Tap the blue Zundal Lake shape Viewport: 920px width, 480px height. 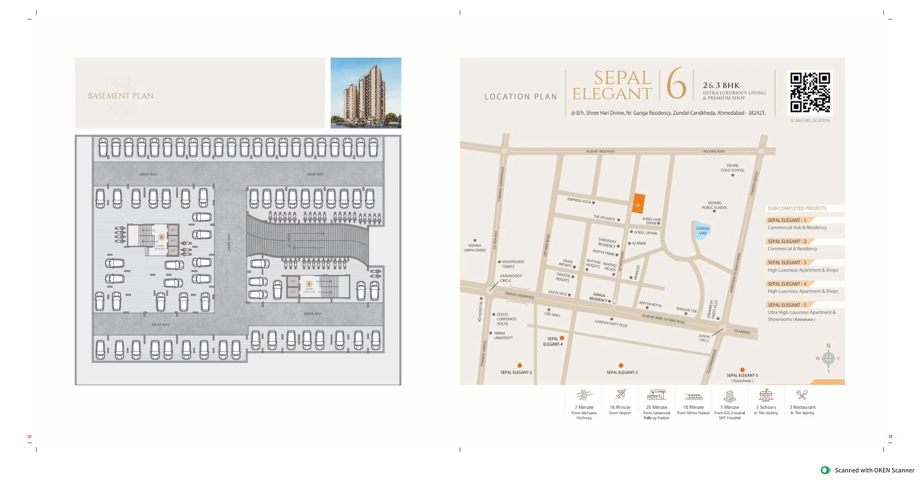point(702,230)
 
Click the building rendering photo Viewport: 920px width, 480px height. point(366,93)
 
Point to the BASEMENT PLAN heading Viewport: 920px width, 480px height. point(121,96)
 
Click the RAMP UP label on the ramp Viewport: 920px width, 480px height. point(289,240)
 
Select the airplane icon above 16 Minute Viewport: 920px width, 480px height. point(620,394)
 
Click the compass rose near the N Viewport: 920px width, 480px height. point(828,358)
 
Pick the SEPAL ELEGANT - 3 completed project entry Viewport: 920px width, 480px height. point(787,262)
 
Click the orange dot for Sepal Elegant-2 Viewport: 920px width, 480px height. point(520,365)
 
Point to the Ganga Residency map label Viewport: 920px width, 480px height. point(599,297)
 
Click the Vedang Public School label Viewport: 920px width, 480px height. point(714,205)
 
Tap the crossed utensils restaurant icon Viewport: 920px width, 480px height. point(802,394)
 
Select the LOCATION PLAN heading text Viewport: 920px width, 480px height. point(521,96)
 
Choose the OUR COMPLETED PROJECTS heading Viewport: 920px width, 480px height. point(797,208)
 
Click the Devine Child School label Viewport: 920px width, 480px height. point(733,168)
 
